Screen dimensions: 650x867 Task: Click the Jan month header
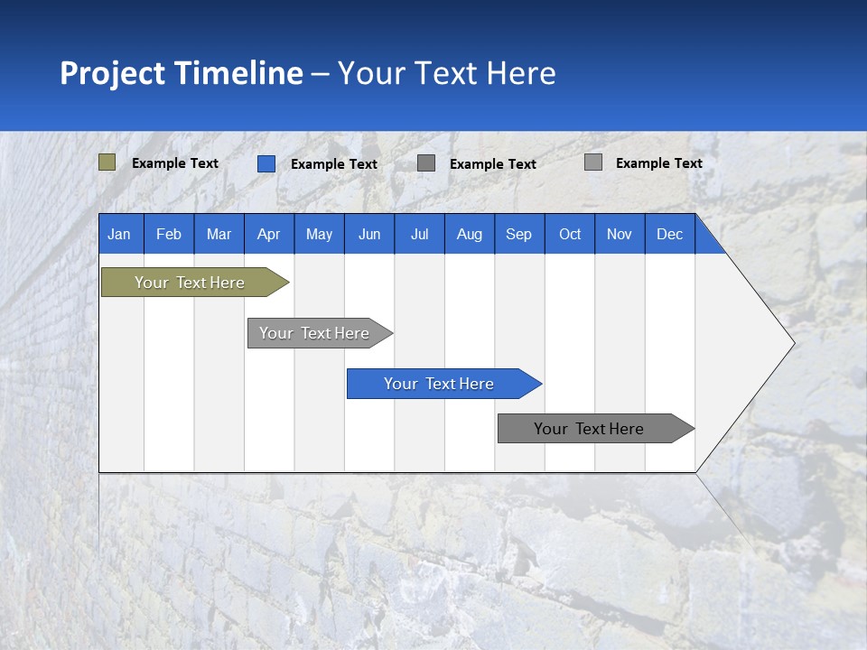pos(119,234)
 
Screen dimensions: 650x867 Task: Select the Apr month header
pos(268,234)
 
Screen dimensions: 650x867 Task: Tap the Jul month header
pos(419,234)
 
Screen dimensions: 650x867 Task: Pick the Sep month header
pos(518,234)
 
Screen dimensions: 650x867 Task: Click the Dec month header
pos(669,234)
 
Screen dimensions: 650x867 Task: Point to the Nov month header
pos(619,234)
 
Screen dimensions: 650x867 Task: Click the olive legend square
pos(107,162)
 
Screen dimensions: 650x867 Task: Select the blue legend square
pos(266,163)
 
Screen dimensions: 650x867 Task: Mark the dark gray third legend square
pos(426,163)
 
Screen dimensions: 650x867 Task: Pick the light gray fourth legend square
pos(592,162)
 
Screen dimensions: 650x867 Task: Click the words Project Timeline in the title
pos(181,72)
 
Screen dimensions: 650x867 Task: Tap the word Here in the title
pos(521,72)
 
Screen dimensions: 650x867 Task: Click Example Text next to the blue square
pos(333,164)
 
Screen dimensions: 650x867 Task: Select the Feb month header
pos(169,234)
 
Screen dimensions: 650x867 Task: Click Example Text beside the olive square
pos(174,163)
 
